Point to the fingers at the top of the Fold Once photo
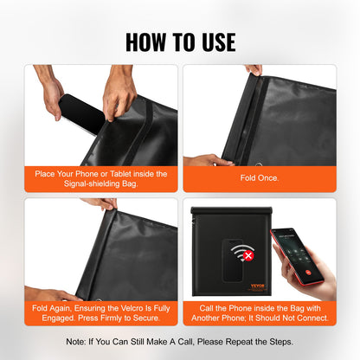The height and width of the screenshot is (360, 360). [254, 70]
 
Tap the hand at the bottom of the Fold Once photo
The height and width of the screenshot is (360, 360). [204, 159]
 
